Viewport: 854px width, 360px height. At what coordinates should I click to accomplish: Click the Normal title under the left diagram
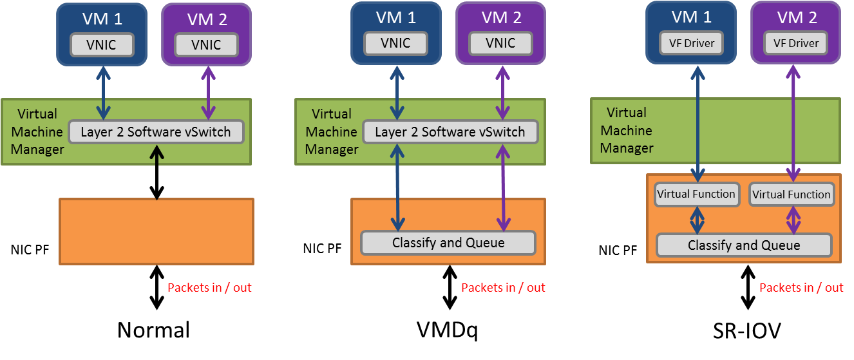point(153,330)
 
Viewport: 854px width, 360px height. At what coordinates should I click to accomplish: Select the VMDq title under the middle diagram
point(447,330)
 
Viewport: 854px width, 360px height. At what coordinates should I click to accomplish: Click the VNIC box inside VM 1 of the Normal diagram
point(101,44)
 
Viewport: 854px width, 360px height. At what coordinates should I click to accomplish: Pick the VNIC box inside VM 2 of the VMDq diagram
point(500,43)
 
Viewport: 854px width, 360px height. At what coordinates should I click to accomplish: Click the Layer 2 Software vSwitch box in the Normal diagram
point(155,132)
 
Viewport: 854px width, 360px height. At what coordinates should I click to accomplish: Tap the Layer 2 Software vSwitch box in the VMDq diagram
point(450,132)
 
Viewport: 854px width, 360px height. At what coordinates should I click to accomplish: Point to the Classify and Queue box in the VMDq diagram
point(448,243)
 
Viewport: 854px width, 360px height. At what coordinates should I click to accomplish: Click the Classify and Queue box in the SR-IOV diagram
point(744,245)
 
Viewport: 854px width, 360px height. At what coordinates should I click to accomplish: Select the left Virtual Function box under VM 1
point(696,194)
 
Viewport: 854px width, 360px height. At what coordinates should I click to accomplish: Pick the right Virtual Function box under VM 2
point(792,194)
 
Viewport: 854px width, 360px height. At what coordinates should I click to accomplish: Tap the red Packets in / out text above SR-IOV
point(801,287)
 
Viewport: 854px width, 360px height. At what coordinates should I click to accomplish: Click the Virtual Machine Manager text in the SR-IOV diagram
point(627,131)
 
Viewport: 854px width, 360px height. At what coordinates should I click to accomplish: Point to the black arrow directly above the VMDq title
point(450,289)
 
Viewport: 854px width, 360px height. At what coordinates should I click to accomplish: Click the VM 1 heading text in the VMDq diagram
point(397,18)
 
